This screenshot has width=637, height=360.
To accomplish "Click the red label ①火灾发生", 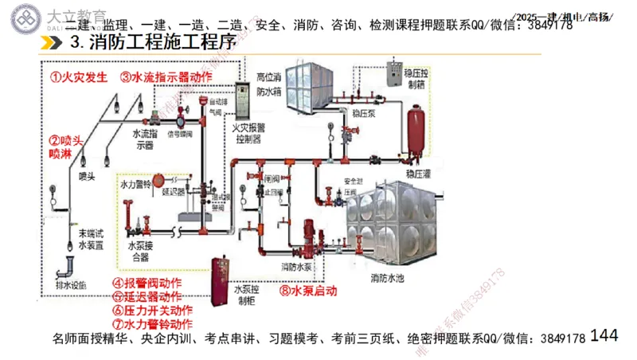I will (78, 77).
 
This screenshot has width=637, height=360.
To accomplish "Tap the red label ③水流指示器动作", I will (166, 77).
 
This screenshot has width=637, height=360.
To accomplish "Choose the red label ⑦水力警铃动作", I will (152, 324).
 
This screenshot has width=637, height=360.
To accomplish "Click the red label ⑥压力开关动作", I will (152, 311).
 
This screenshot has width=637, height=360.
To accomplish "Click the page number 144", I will (604, 335).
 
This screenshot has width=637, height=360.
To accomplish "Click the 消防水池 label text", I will (388, 279).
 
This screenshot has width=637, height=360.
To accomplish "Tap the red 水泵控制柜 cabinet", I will (217, 283).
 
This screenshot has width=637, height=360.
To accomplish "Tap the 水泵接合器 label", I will (139, 252).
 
